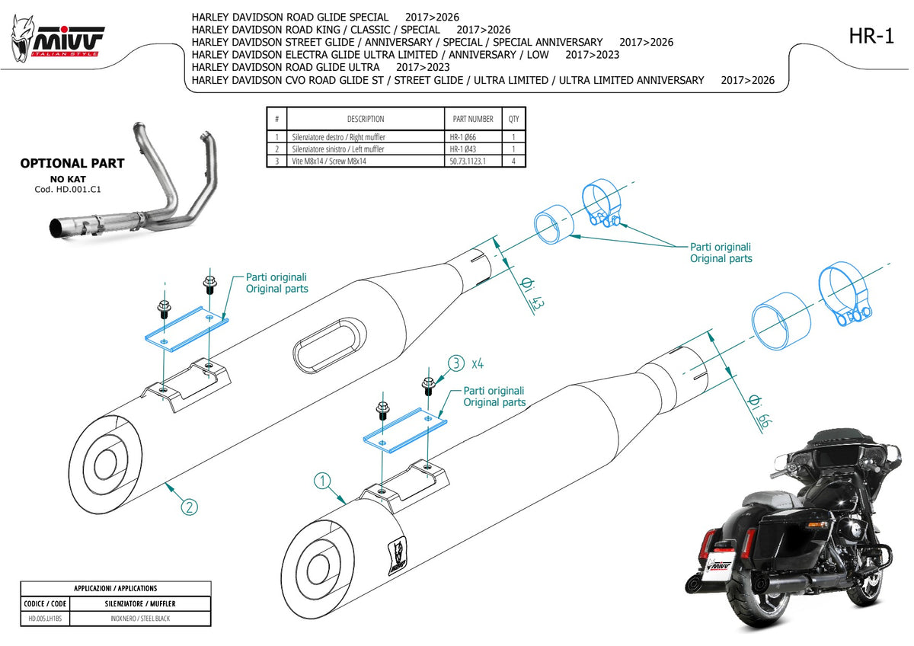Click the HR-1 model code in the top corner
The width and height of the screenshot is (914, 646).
click(871, 36)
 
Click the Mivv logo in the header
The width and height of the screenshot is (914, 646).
click(58, 40)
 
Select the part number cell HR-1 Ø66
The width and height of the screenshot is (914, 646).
click(463, 137)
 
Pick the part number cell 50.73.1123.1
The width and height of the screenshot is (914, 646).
click(468, 161)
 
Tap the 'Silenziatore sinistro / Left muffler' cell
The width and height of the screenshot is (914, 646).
click(338, 149)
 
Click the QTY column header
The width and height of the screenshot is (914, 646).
click(513, 119)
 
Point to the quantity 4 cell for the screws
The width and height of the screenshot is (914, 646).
click(513, 161)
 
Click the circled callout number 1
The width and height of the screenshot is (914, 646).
click(322, 481)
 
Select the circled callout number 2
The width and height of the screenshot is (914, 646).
click(190, 507)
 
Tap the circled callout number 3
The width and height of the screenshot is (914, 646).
click(456, 363)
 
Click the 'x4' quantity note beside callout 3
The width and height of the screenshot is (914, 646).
click(478, 363)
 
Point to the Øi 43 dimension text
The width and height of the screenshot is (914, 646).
click(533, 293)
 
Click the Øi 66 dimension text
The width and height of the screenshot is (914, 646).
click(760, 411)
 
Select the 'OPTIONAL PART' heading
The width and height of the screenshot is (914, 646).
click(72, 163)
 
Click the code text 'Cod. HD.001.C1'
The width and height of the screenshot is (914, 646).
click(68, 190)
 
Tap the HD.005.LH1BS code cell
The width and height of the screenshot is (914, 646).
click(45, 619)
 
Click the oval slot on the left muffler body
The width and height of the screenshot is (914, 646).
click(330, 345)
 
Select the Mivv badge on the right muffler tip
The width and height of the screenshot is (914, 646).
click(397, 555)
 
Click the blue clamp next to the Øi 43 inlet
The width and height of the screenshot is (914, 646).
click(601, 203)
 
